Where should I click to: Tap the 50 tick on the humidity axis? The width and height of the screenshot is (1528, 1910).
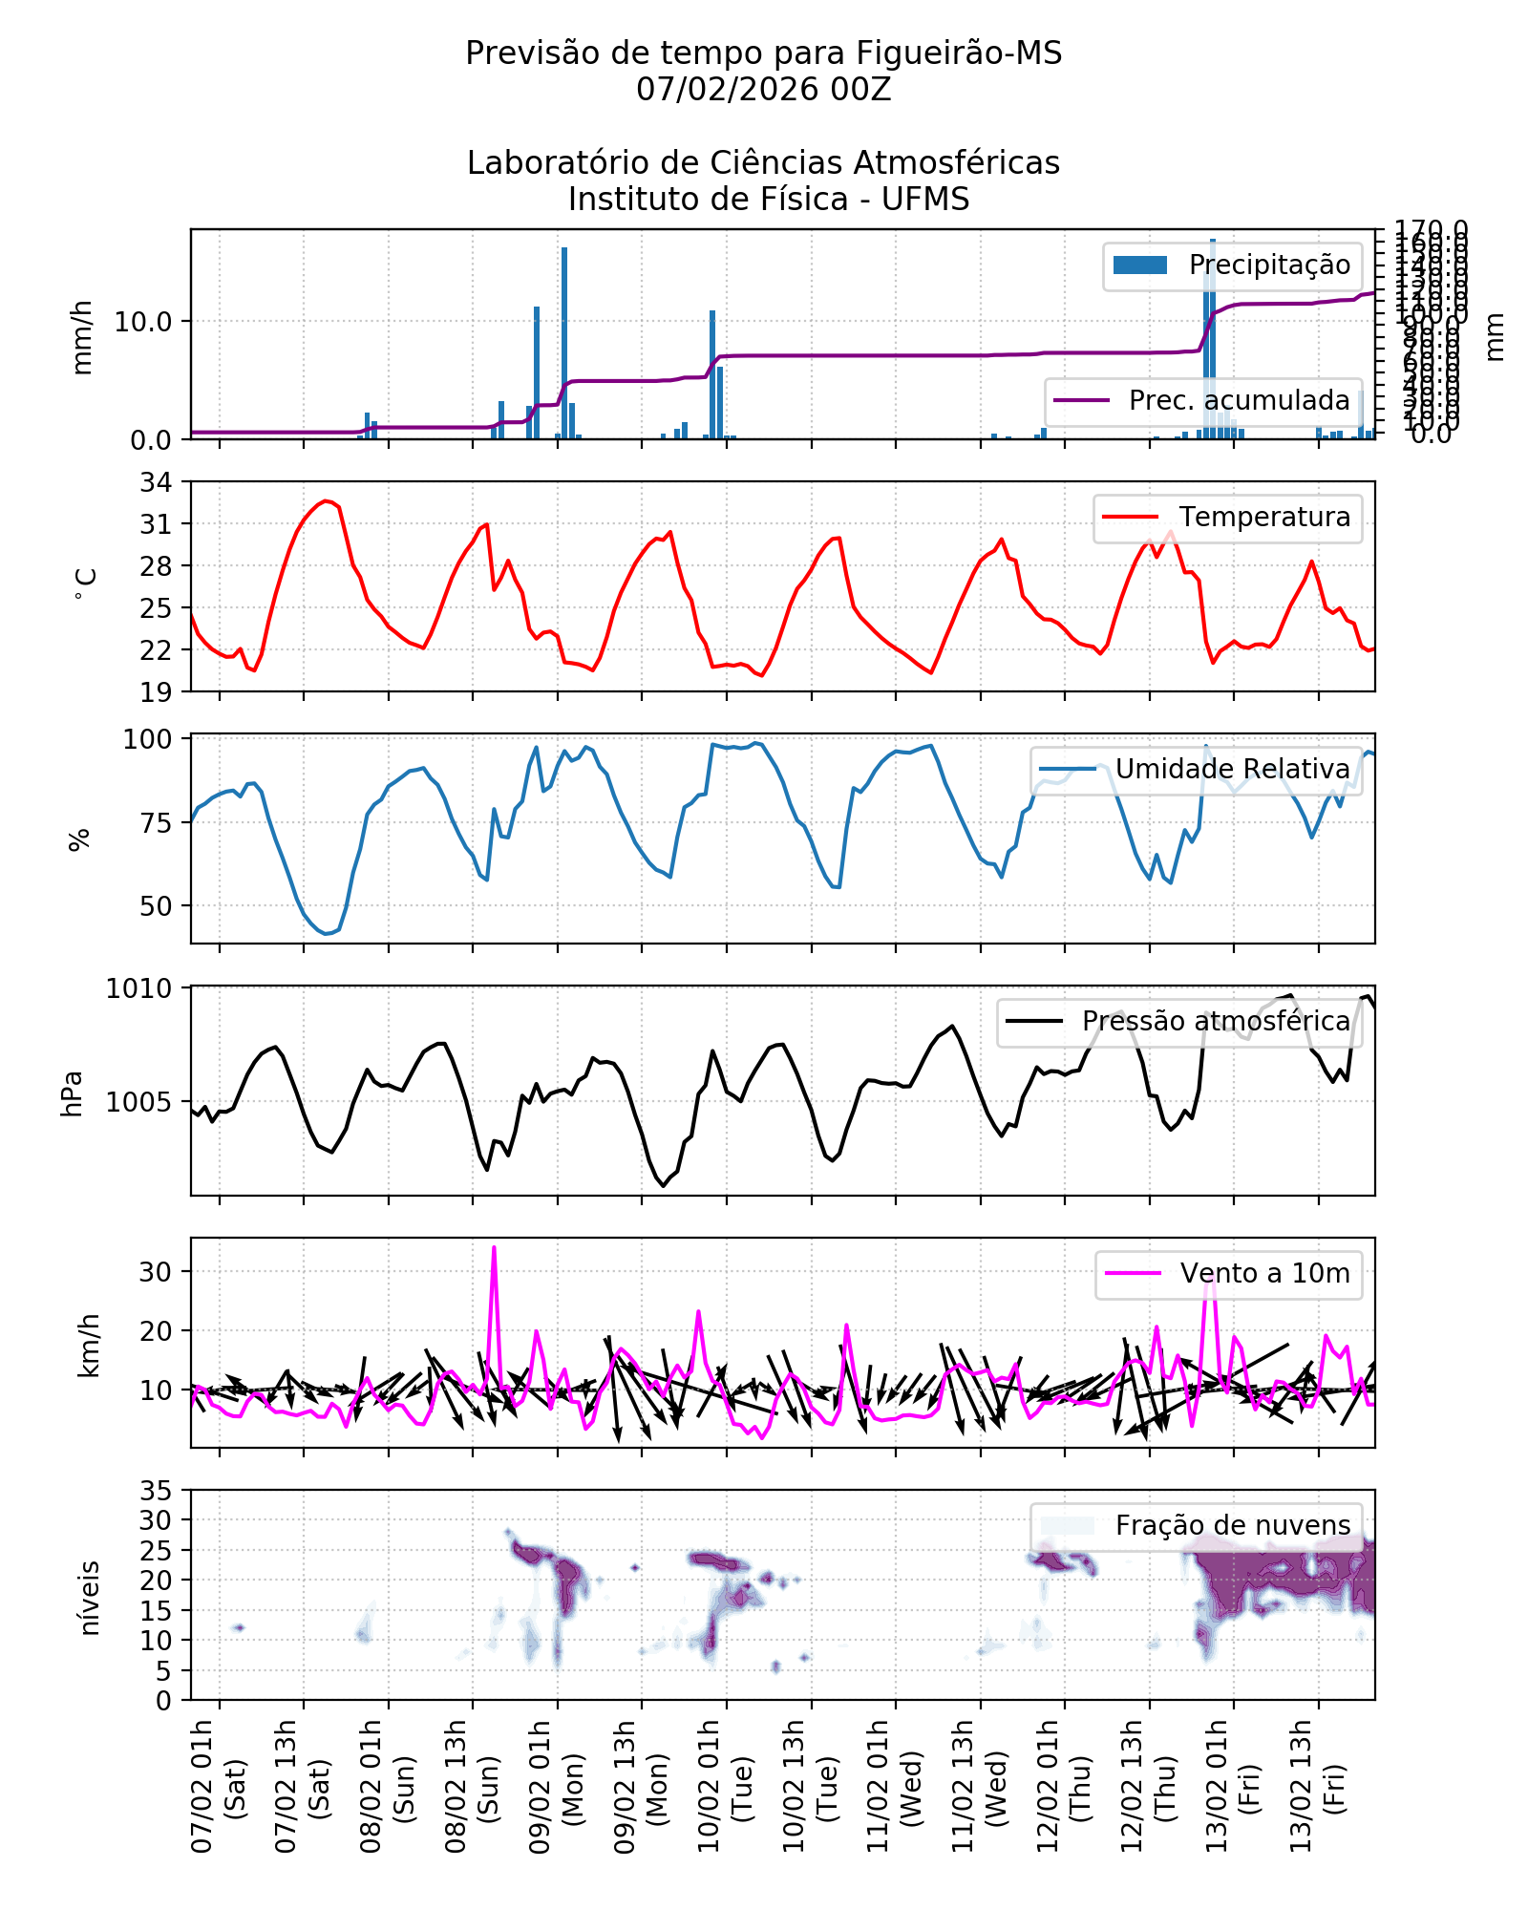point(156,906)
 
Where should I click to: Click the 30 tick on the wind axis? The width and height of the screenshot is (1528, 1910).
point(156,1272)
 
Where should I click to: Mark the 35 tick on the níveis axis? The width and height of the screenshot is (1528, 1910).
point(156,1491)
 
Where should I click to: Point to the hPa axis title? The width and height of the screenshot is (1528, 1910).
point(73,1093)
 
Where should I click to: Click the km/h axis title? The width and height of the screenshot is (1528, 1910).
point(88,1345)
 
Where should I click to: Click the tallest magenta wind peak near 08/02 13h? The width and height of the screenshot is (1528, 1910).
point(494,1248)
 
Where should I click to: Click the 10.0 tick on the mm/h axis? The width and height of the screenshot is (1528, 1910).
point(143,322)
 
